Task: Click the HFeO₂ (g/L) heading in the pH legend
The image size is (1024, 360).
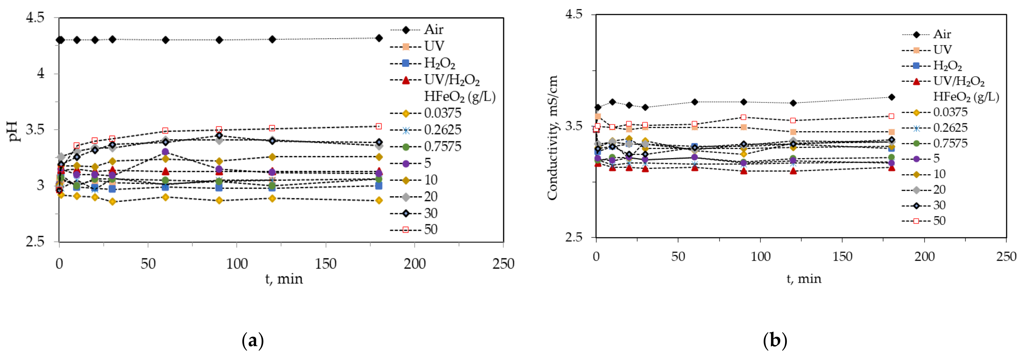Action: (460, 96)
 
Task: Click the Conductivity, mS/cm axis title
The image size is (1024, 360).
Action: (552, 137)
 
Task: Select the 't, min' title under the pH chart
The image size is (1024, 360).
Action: (284, 279)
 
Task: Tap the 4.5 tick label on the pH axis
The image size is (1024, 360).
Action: (35, 18)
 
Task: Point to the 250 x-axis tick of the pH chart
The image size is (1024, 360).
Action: (503, 264)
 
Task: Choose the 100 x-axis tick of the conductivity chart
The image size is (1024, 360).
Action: (760, 257)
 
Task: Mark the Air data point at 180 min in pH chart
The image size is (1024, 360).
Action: (379, 38)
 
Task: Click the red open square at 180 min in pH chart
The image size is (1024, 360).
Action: (379, 126)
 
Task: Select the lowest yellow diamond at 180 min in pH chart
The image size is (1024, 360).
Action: (379, 201)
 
